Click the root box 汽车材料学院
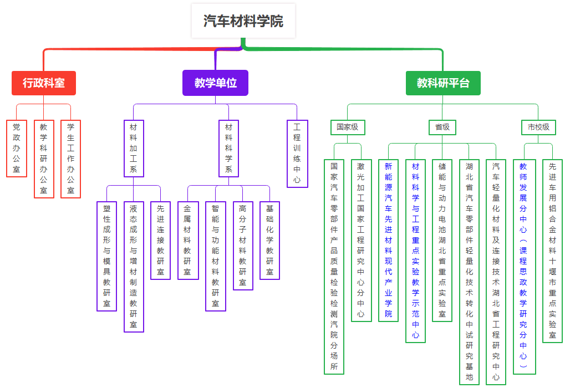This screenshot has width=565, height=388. coord(243,21)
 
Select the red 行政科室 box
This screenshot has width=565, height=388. coord(44,83)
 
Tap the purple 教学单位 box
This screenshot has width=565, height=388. coord(215,83)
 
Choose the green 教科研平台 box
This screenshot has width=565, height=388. coord(443,83)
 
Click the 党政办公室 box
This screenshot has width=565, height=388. coord(17,148)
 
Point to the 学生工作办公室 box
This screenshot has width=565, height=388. coord(70,159)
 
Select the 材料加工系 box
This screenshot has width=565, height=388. coord(134,148)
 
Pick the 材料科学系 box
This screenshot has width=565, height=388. coord(228,148)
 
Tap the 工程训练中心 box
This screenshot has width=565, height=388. coord(297,154)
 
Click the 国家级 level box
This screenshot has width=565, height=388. coord(348,127)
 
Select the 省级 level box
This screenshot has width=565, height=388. coord(442,127)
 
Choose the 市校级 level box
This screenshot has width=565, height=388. coord(538,127)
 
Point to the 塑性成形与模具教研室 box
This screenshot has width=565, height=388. coord(106,256)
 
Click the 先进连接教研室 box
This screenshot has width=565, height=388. coord(160,240)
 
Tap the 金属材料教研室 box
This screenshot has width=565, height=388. coord(188,240)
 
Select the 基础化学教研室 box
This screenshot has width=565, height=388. coord(269,240)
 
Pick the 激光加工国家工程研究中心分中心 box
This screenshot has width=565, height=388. coord(361,240)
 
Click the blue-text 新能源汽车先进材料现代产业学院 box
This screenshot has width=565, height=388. coord(388,240)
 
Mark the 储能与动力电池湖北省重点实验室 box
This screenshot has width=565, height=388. coord(442,240)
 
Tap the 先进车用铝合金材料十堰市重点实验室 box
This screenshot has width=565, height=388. coord(552,251)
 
